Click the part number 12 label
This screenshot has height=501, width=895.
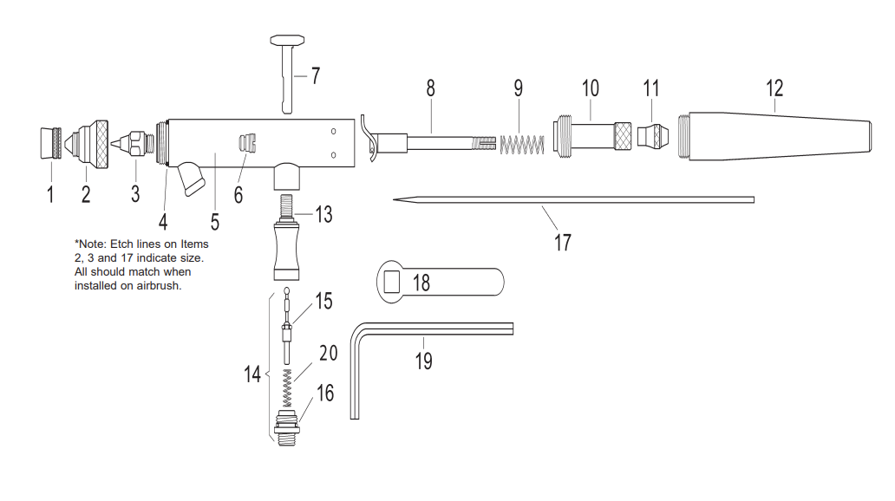[x=774, y=88]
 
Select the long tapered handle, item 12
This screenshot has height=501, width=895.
[x=772, y=136]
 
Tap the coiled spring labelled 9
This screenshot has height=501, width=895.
[x=523, y=142]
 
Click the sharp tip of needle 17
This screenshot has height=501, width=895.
[x=395, y=200]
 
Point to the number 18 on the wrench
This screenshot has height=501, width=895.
[x=421, y=282]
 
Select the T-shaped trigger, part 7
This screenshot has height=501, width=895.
[x=288, y=69]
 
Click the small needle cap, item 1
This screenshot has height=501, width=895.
[x=50, y=142]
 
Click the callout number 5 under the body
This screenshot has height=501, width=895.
[x=214, y=221]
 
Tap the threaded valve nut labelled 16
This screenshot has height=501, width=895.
[x=288, y=426]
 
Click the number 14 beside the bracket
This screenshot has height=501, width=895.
[x=252, y=374]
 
